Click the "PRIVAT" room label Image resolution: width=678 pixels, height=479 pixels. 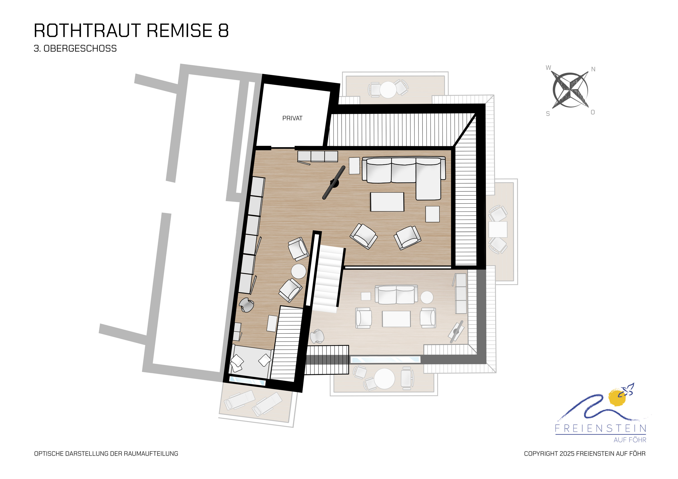tap(292, 118)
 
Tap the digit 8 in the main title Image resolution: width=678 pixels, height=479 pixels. tap(224, 30)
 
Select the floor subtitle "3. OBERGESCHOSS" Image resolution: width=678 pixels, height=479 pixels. tap(75, 48)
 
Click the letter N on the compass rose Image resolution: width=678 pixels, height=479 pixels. tap(593, 69)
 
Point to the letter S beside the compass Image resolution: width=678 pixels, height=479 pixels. tap(548, 114)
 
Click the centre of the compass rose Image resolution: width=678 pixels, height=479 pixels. tap(570, 90)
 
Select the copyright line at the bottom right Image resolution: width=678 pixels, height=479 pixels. tap(585, 454)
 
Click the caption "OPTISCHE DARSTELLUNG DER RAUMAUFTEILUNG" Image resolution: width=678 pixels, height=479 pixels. tap(106, 454)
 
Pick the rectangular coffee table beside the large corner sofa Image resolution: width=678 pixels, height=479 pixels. tap(387, 202)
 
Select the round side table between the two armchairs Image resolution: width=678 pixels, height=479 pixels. tap(299, 271)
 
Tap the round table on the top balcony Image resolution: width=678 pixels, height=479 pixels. tap(388, 89)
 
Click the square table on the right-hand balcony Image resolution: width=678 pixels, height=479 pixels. tap(498, 229)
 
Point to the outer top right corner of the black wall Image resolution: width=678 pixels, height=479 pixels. tap(485, 104)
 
